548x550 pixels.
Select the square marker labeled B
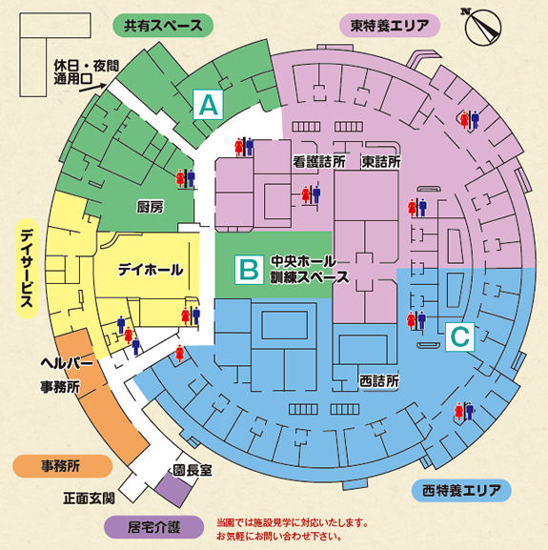click(x=249, y=270)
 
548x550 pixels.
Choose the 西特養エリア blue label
click(x=462, y=491)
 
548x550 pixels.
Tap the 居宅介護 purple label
click(x=154, y=525)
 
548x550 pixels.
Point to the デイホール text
click(x=150, y=271)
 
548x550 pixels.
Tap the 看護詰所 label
click(x=318, y=162)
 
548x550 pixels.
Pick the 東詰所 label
click(x=381, y=162)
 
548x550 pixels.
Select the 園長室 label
click(x=192, y=470)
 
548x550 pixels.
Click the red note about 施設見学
click(x=292, y=529)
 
